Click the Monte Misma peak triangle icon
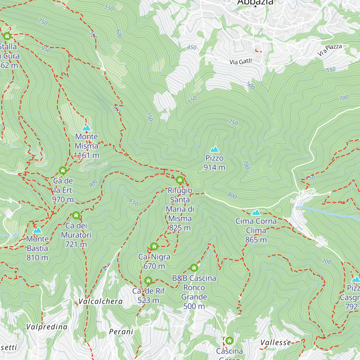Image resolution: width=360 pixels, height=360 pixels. (86, 128)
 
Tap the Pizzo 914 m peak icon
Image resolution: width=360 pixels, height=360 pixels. (214, 149)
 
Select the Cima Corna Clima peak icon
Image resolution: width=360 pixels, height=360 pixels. (256, 212)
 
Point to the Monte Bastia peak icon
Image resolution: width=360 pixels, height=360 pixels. (37, 230)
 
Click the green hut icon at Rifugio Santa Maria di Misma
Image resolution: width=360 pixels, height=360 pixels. (180, 180)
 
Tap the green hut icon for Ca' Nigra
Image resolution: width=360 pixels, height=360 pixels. (154, 246)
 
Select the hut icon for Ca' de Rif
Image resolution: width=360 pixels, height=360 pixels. (148, 280)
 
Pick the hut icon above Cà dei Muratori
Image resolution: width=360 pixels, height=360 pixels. (76, 215)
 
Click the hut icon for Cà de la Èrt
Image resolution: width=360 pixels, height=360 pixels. (63, 170)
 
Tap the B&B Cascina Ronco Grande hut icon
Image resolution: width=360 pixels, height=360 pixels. (194, 267)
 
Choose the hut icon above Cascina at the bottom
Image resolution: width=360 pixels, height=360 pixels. (229, 340)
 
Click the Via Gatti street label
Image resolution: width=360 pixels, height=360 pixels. (241, 62)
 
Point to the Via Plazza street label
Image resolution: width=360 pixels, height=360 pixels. (330, 50)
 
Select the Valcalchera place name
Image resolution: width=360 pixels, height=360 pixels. (100, 301)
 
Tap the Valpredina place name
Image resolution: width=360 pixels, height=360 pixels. (47, 327)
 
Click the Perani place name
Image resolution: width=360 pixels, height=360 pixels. (121, 332)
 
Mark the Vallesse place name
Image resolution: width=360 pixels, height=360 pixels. (275, 343)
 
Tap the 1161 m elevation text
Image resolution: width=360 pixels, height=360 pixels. (86, 155)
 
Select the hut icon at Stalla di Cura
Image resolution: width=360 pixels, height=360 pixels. (7, 36)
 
